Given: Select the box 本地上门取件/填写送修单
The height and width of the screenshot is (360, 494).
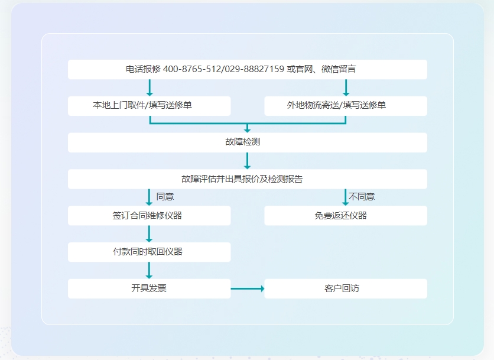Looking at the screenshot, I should pos(149,106).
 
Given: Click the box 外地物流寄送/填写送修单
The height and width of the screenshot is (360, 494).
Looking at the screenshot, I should pos(345,106).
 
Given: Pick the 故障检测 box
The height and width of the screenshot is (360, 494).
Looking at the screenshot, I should pos(247,142).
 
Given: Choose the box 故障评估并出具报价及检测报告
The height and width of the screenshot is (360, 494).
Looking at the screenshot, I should pos(247,179).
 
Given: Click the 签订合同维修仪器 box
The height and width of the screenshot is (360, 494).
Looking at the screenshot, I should pos(149,216).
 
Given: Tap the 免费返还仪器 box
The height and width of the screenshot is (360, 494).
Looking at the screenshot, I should pos(345,216).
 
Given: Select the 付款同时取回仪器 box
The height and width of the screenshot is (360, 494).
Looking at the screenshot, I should pos(149,252).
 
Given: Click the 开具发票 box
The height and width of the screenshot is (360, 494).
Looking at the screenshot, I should pos(149,288).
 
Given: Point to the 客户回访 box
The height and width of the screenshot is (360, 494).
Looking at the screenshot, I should pos(345,288).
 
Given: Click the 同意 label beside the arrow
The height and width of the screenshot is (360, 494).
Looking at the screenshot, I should pos(165,197).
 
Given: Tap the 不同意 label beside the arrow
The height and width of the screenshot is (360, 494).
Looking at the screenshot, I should pos(362,197).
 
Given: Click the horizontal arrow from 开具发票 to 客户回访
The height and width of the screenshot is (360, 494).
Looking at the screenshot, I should pos(247,288).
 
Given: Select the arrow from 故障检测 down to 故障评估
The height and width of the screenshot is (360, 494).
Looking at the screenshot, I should pos(247,161).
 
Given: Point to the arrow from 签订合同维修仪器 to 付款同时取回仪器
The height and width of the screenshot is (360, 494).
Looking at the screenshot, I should pos(149,233).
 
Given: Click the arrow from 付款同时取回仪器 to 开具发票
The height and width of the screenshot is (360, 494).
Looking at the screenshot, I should pos(149,270).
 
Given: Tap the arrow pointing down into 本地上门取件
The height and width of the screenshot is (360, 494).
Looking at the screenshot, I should pos(149,87).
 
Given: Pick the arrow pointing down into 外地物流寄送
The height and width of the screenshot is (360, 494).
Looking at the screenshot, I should pos(346,87).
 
